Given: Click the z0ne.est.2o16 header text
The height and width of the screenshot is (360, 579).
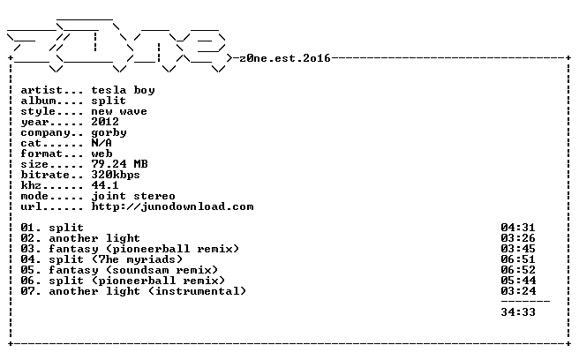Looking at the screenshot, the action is pyautogui.click(x=285, y=58).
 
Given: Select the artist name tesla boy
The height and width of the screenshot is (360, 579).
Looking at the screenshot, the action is pyautogui.click(x=123, y=91).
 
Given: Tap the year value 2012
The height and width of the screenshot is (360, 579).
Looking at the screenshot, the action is pyautogui.click(x=105, y=122).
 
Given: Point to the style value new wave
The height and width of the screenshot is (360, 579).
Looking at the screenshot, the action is pyautogui.click(x=119, y=111).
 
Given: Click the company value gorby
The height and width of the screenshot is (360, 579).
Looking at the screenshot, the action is pyautogui.click(x=109, y=133).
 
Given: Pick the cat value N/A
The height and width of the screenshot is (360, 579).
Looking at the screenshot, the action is pyautogui.click(x=102, y=143).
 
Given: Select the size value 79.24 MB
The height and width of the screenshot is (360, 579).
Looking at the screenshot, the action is pyautogui.click(x=120, y=164).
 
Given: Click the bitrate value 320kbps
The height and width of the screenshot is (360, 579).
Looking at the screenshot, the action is pyautogui.click(x=116, y=175).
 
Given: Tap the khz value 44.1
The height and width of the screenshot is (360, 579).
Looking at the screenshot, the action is pyautogui.click(x=105, y=185).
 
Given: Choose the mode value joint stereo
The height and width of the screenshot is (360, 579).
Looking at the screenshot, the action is pyautogui.click(x=133, y=196).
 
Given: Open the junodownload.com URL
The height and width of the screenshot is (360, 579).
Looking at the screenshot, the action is pyautogui.click(x=172, y=206).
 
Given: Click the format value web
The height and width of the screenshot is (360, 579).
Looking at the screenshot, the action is pyautogui.click(x=102, y=154).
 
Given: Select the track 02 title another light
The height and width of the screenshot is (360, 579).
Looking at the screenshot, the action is pyautogui.click(x=94, y=238).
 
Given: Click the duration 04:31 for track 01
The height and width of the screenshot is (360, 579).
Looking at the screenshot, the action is pyautogui.click(x=518, y=228).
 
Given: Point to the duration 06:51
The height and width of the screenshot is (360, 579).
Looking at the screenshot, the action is pyautogui.click(x=518, y=259).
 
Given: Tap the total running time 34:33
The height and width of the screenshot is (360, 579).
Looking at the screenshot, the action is pyautogui.click(x=518, y=312).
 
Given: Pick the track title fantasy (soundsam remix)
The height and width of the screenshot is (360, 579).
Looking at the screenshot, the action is pyautogui.click(x=133, y=270).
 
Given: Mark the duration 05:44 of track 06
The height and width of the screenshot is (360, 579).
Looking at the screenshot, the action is pyautogui.click(x=518, y=281).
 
